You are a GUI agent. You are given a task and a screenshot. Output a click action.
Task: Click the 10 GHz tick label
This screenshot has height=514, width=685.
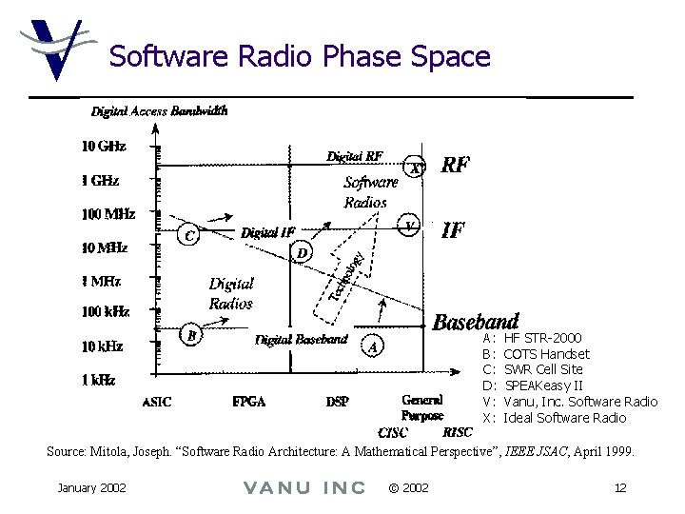(103, 148)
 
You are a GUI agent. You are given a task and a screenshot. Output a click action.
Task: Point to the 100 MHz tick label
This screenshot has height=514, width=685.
(108, 214)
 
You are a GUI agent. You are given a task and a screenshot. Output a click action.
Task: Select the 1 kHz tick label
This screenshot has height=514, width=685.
(98, 380)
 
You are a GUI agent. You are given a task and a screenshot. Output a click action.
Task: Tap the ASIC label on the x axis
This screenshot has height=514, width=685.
(157, 402)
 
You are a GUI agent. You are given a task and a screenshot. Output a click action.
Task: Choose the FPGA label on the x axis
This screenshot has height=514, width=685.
(248, 402)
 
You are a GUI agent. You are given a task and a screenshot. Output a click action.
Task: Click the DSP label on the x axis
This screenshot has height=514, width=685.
(337, 402)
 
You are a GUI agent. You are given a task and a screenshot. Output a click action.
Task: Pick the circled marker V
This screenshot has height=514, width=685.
(409, 226)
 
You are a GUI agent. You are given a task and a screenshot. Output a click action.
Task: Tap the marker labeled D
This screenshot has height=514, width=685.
(302, 253)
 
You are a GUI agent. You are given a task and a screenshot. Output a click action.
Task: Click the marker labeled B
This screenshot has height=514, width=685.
(192, 335)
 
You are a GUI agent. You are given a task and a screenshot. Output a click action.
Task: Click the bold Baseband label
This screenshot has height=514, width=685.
(476, 322)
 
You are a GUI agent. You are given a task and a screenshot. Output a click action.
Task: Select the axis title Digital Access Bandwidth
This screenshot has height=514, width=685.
(159, 110)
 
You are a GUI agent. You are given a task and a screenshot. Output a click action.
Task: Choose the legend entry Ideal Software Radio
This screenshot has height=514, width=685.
(564, 418)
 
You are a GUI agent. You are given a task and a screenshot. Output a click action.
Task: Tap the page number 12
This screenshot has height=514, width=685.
(619, 488)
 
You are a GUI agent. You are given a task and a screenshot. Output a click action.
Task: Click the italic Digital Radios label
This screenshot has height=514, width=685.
(231, 293)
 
